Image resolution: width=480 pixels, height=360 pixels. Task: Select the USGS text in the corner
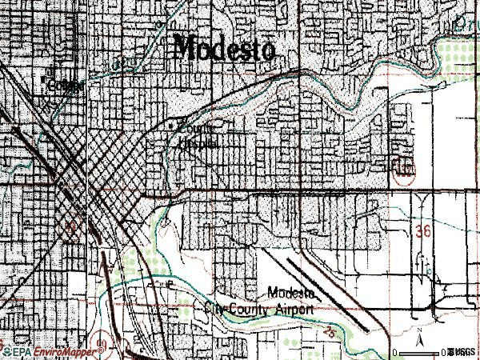click(462, 352)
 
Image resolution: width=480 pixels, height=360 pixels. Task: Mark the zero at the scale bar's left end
click(394, 352)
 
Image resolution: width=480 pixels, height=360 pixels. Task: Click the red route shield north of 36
click(406, 170)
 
